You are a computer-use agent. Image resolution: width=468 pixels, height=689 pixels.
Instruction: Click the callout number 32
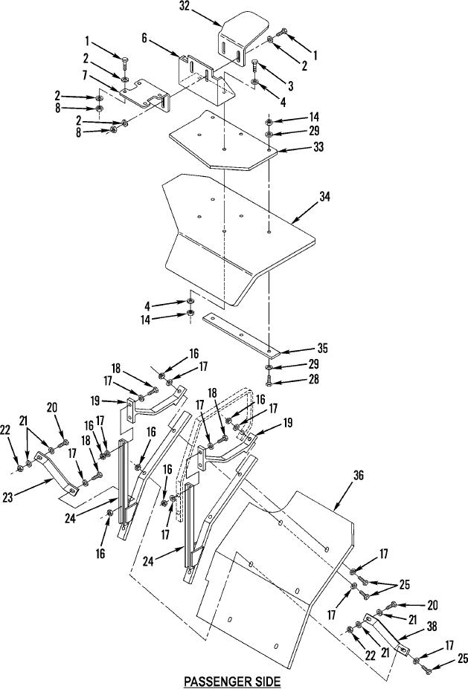click(x=185, y=7)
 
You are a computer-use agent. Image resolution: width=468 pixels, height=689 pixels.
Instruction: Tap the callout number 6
click(x=144, y=38)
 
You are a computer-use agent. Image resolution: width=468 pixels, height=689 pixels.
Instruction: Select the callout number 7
click(x=85, y=75)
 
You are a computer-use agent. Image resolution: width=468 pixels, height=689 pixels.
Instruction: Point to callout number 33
click(x=318, y=146)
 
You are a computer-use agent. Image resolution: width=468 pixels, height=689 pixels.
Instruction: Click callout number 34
click(x=324, y=196)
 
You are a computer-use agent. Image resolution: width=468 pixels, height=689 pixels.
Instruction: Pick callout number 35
click(x=323, y=348)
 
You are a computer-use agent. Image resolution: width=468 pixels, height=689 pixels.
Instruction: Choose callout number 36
click(x=359, y=475)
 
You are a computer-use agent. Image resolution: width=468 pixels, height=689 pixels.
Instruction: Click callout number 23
click(x=8, y=498)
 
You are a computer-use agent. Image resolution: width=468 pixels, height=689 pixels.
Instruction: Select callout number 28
click(x=314, y=379)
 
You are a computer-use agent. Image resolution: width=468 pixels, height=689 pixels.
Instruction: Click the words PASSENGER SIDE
click(x=232, y=682)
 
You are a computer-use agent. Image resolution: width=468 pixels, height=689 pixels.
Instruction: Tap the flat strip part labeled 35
click(x=241, y=334)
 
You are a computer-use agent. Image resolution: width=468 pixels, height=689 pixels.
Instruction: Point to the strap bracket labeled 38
click(x=386, y=631)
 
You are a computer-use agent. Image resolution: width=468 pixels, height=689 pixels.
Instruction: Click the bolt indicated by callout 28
click(x=269, y=381)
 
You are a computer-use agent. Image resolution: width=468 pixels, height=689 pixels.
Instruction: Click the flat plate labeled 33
click(x=223, y=140)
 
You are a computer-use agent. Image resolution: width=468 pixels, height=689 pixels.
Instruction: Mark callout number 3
click(x=290, y=85)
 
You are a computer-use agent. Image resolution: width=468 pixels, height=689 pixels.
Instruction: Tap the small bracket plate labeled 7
click(x=144, y=94)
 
